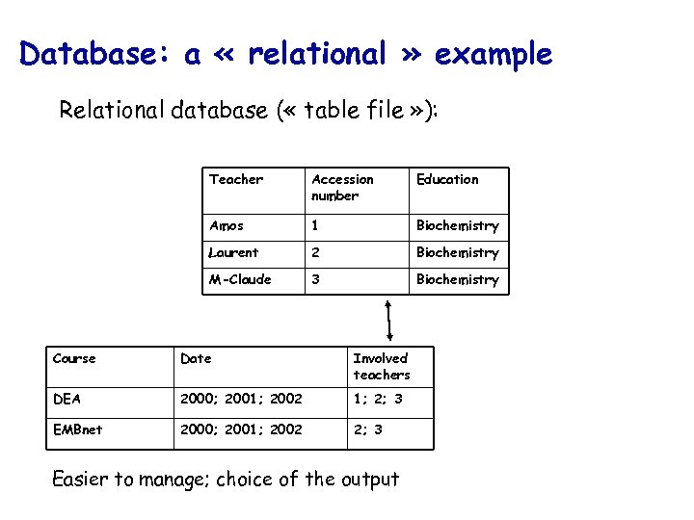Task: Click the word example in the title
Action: pos(494,56)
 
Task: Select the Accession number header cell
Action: pos(342,187)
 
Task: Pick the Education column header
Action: pos(446,179)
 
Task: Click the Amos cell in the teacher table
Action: pos(227,225)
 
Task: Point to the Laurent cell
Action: pos(233,252)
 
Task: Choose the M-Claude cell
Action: pos(240,279)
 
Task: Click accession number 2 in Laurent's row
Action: pos(315,252)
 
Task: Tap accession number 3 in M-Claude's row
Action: pos(315,279)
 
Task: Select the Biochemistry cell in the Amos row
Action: pos(457,226)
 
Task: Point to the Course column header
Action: pos(74,358)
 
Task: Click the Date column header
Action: pos(196,358)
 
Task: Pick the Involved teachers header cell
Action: pos(381,366)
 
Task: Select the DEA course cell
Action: pos(67,399)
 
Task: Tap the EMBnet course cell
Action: pos(77,429)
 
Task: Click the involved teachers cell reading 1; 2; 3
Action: pos(378,399)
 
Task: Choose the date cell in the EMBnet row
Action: pos(241,429)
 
